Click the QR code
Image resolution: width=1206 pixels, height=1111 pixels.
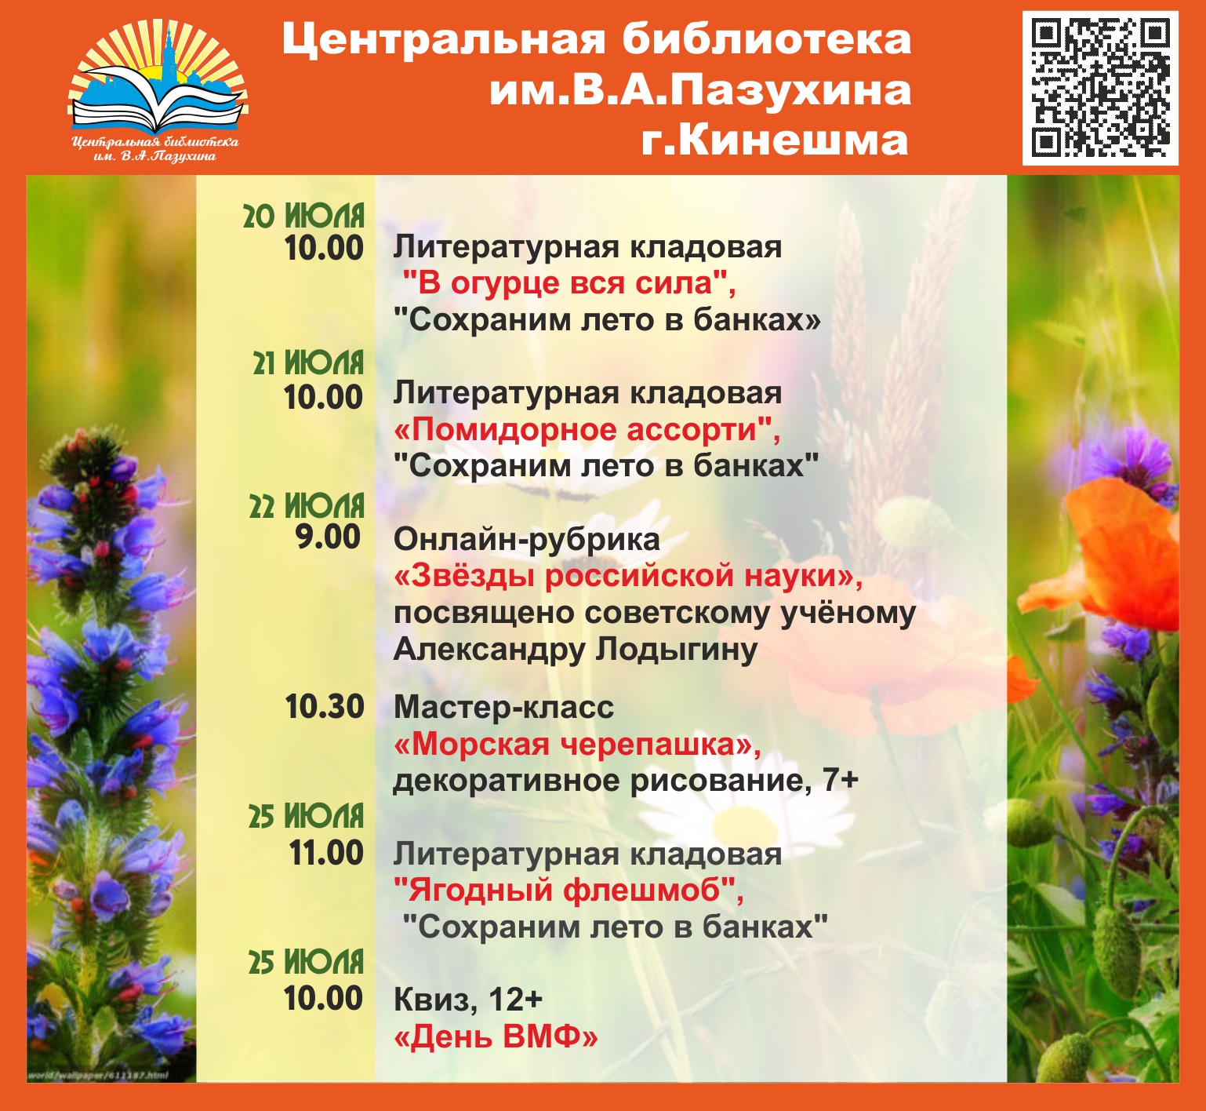[x=1100, y=88]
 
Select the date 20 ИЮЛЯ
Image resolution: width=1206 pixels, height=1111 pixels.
[x=303, y=216]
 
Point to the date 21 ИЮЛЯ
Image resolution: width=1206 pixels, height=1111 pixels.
[x=308, y=363]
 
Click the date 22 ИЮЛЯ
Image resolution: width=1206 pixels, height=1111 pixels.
[x=307, y=507]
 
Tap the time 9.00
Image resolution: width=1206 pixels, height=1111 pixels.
[x=328, y=537]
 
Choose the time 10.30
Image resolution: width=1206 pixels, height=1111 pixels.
[x=324, y=707]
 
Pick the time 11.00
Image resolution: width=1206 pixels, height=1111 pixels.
[x=326, y=853]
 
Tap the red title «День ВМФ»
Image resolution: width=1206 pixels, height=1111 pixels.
[x=496, y=1037]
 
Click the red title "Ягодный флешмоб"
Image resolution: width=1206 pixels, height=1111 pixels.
[x=565, y=891]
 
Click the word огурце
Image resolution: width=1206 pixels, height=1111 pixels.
[x=499, y=282]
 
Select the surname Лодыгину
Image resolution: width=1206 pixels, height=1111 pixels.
[x=676, y=650]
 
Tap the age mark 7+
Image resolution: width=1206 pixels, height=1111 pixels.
[x=841, y=781]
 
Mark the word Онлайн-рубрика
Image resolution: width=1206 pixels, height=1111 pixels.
[x=527, y=540]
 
